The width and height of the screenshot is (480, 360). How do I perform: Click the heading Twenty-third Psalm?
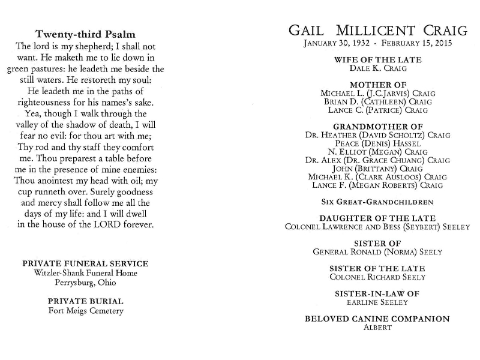pyautogui.click(x=85, y=34)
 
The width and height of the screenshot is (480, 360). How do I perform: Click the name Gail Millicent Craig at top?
pyautogui.click(x=377, y=30)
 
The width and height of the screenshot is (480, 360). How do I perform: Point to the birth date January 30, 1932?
pyautogui.click(x=337, y=44)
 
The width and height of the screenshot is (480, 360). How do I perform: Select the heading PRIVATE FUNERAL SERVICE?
pyautogui.click(x=85, y=263)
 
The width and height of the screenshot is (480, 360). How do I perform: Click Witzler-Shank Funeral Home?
pyautogui.click(x=85, y=273)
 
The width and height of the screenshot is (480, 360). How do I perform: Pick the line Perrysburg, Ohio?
pyautogui.click(x=85, y=283)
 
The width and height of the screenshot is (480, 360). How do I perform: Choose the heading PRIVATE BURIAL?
pyautogui.click(x=85, y=301)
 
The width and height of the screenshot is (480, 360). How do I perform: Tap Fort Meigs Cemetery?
pyautogui.click(x=85, y=311)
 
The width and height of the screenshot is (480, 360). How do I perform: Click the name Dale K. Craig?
pyautogui.click(x=377, y=69)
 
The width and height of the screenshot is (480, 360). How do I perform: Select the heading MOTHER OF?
pyautogui.click(x=377, y=85)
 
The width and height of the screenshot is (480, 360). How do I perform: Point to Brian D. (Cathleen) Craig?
pyautogui.click(x=377, y=102)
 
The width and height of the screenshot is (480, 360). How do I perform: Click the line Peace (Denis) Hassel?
pyautogui.click(x=377, y=144)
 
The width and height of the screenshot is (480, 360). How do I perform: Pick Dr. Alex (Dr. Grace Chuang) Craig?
pyautogui.click(x=377, y=161)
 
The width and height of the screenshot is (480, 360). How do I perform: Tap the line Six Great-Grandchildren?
pyautogui.click(x=377, y=202)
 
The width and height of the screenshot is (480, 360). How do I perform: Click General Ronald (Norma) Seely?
pyautogui.click(x=377, y=252)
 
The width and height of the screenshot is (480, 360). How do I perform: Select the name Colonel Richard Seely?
pyautogui.click(x=377, y=277)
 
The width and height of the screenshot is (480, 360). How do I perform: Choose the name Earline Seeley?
pyautogui.click(x=377, y=302)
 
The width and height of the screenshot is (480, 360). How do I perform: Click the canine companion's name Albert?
pyautogui.click(x=377, y=328)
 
